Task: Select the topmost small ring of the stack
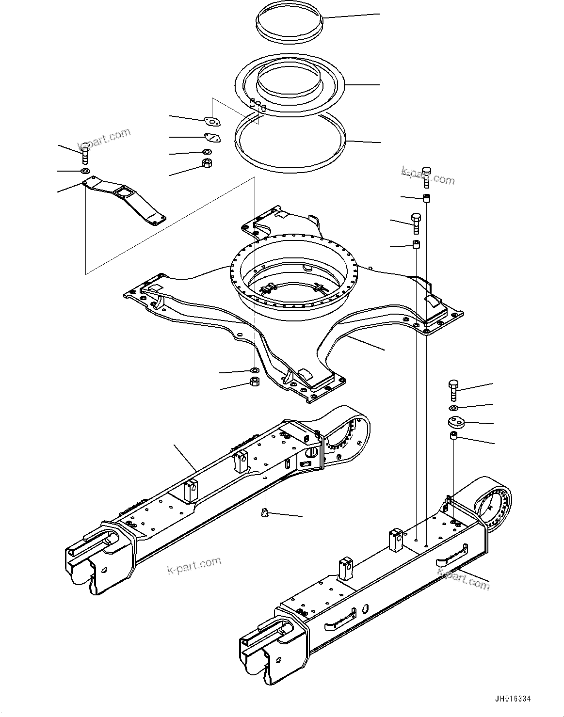pyautogui.click(x=289, y=24)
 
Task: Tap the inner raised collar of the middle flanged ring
pyautogui.click(x=288, y=80)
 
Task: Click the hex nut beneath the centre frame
pyautogui.click(x=254, y=382)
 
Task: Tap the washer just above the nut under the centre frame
pyautogui.click(x=253, y=370)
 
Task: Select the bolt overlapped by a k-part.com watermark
pyautogui.click(x=427, y=175)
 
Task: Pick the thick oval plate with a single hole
pyautogui.click(x=455, y=422)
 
